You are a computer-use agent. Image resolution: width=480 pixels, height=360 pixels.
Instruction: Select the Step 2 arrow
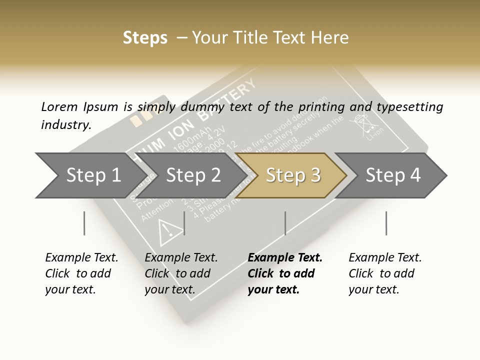point(193,175)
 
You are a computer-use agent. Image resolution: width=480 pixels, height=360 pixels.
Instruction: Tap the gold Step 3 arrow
point(293,175)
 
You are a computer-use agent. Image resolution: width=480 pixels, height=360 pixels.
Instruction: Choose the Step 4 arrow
point(393,175)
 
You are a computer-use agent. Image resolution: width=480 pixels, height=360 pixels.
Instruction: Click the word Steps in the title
point(145,38)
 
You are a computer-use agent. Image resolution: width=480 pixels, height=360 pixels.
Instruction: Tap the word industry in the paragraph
point(65,124)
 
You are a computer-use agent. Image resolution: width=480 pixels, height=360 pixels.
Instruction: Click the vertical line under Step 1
point(84,223)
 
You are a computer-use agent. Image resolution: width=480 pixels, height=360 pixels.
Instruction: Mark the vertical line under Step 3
point(285,223)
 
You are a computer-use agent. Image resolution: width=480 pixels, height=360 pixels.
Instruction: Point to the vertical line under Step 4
point(386,223)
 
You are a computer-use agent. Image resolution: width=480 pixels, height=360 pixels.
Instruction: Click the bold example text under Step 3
point(284,273)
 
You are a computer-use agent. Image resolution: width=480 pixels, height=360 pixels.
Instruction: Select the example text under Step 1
point(81,273)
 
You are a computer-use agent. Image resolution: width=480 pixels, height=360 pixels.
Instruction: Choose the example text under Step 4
point(384,273)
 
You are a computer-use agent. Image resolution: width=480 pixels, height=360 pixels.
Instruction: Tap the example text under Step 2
point(180,273)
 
